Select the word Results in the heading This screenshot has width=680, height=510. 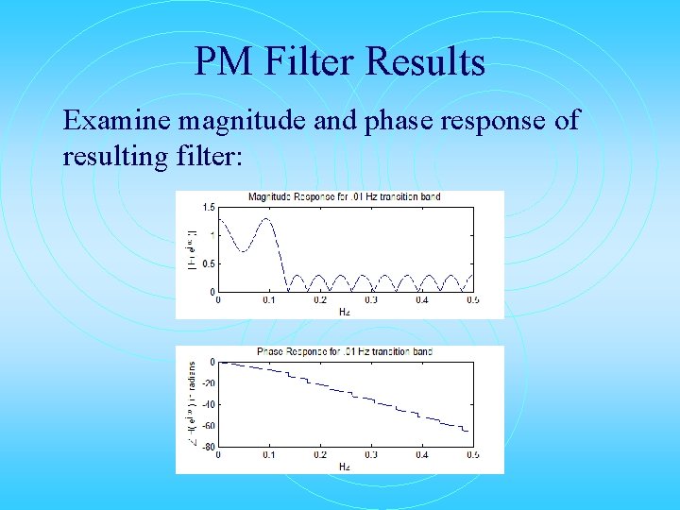426,62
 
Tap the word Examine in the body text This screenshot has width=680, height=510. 117,121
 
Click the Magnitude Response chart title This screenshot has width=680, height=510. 344,197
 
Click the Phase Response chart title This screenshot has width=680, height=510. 344,351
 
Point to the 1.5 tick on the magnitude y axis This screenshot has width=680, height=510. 209,206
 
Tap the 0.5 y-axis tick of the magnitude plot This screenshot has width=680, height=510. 209,263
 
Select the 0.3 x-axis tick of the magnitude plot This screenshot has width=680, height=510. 370,300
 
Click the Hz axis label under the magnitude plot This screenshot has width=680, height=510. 345,311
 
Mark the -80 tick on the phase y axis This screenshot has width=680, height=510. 208,447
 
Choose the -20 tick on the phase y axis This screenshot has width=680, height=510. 208,382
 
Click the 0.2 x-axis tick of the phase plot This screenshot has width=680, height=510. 320,455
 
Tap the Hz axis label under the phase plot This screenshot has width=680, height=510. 345,466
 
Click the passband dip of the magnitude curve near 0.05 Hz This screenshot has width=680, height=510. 244,250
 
